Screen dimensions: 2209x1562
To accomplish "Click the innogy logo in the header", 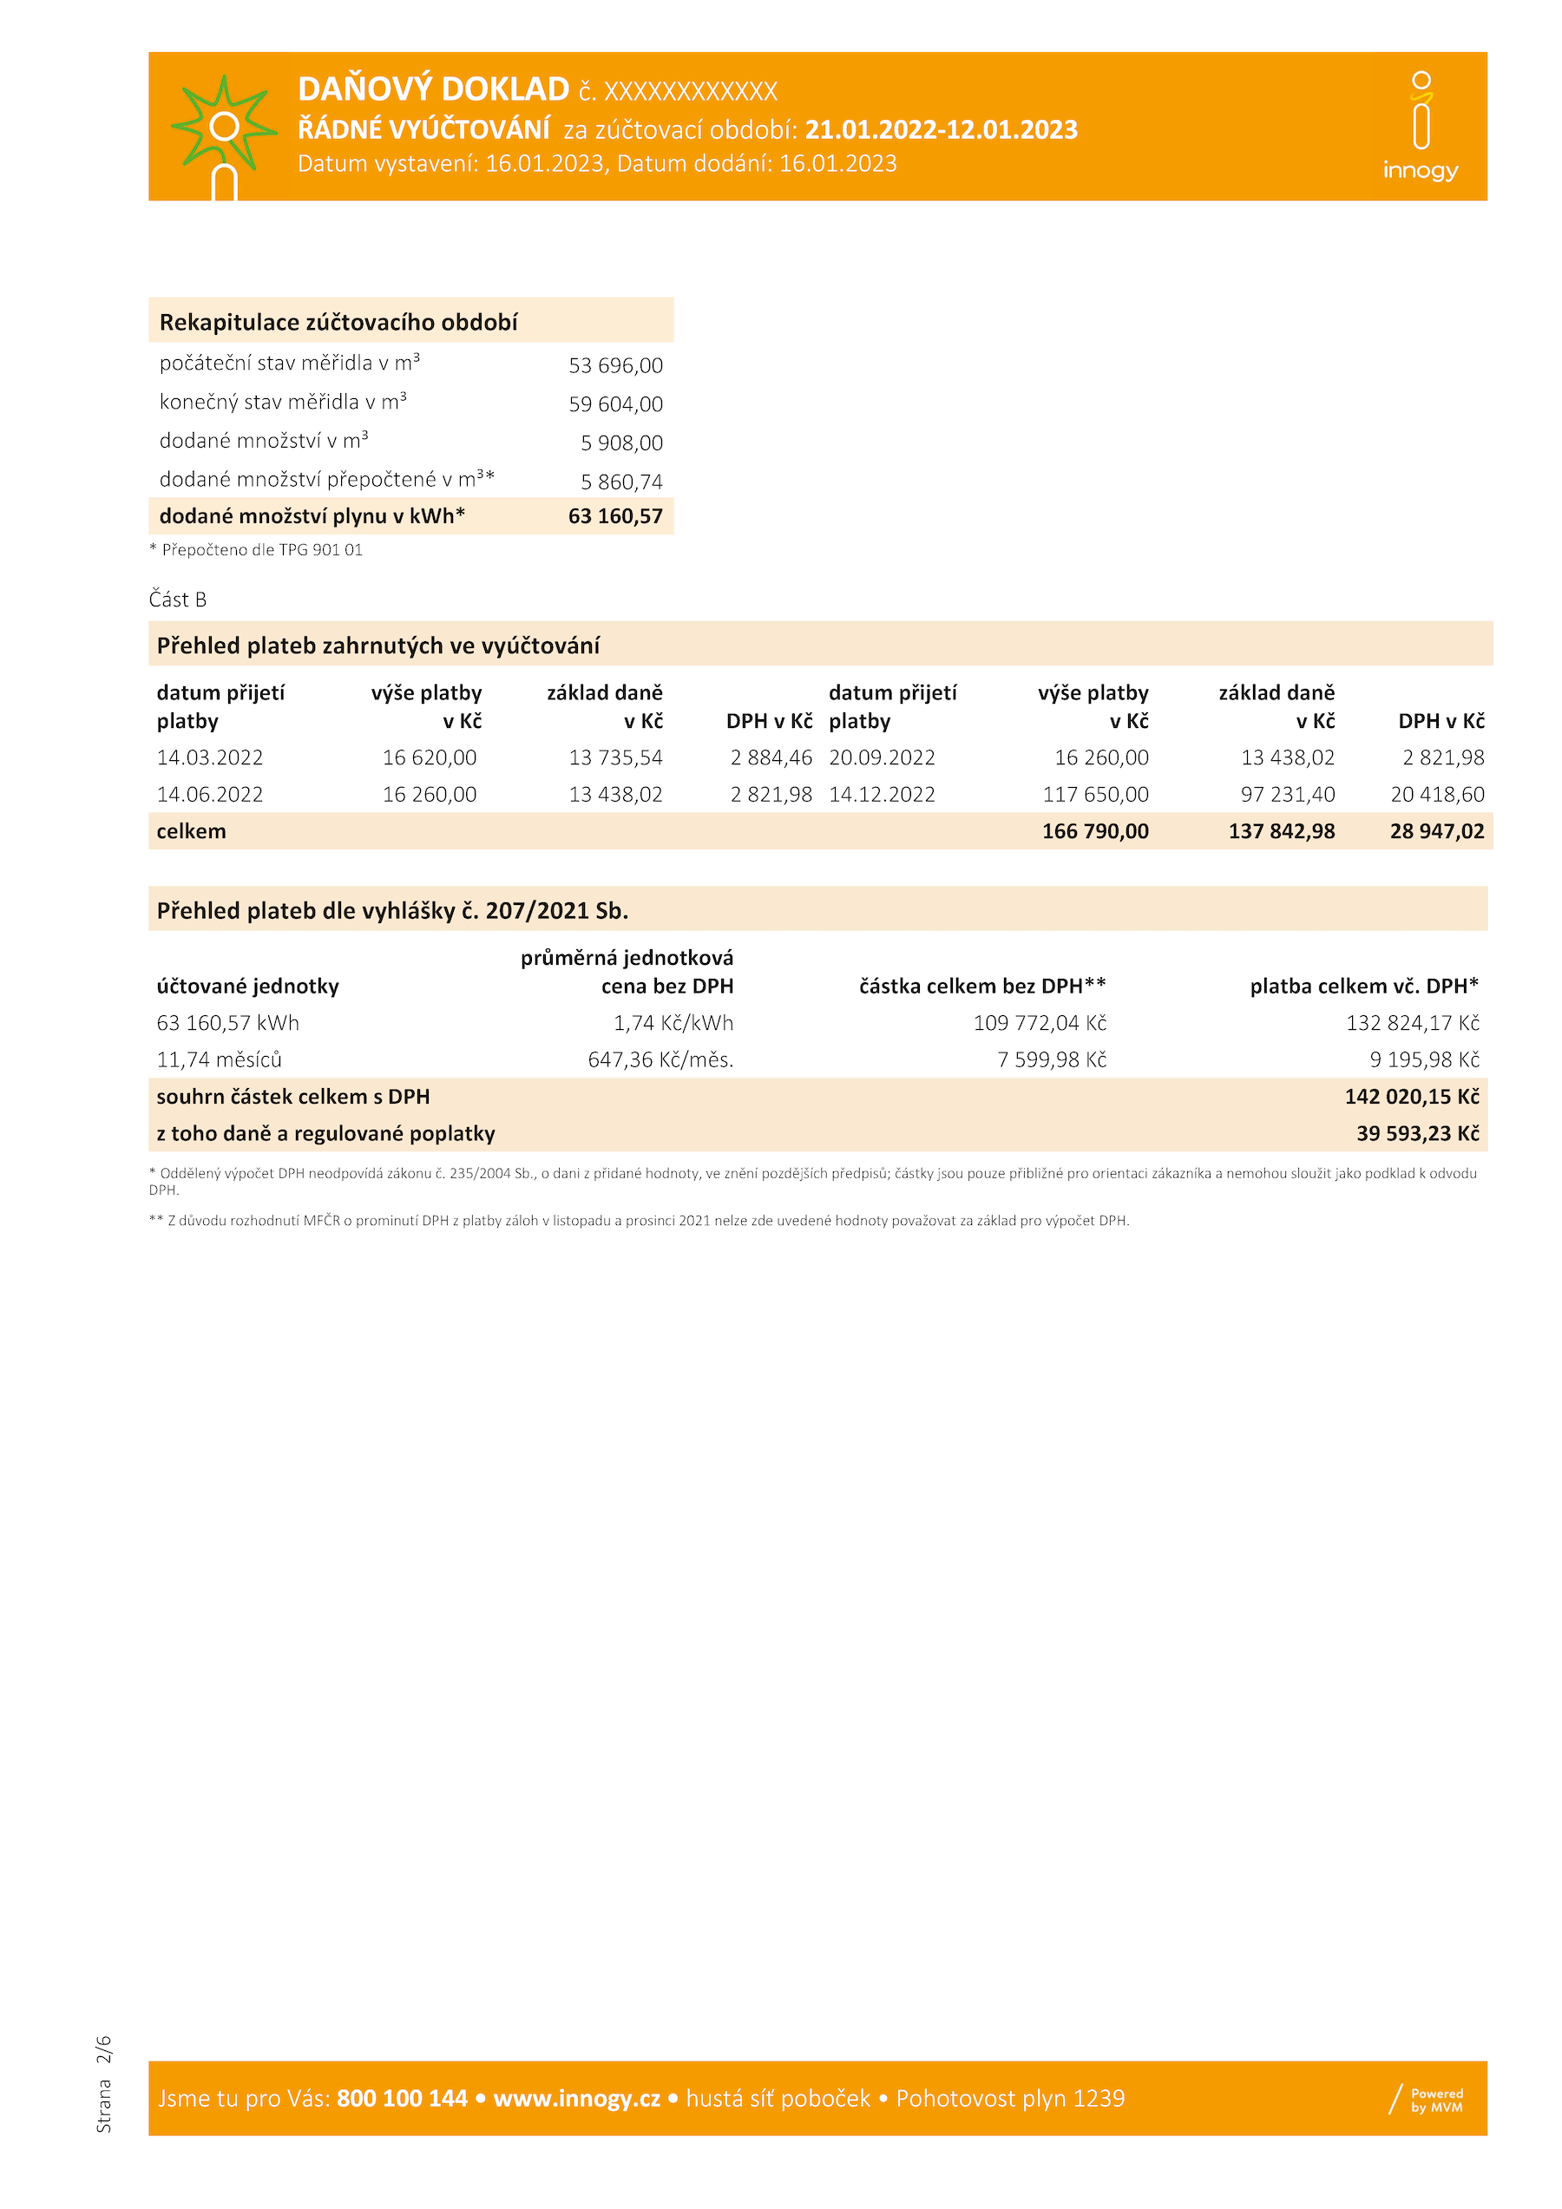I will tap(1421, 126).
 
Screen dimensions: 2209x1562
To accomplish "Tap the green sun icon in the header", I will tap(223, 127).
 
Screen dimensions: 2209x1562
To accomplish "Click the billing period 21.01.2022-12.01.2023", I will tap(941, 130).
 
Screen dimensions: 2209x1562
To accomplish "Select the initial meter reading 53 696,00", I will tap(615, 365).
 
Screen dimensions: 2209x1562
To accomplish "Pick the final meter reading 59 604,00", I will tap(615, 404).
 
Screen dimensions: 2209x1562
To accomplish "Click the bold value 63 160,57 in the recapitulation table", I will tap(615, 516).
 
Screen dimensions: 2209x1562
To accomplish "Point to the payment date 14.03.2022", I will tap(210, 758).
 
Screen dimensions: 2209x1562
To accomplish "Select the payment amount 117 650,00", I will tap(1095, 795).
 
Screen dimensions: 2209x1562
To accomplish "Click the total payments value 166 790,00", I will tap(1095, 831).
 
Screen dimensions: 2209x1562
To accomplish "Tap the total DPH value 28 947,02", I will tap(1437, 831).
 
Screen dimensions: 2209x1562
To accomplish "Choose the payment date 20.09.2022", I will tap(882, 758).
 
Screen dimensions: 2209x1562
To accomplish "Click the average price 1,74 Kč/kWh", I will tap(673, 1023).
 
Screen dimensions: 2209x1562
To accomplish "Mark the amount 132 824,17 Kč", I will tap(1412, 1023).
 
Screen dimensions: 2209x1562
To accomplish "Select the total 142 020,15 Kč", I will tap(1412, 1097).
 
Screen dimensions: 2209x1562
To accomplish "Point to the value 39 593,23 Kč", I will tap(1418, 1133).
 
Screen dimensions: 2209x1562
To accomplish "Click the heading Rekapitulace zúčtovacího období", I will tap(338, 322).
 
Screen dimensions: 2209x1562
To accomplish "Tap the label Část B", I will tap(178, 600).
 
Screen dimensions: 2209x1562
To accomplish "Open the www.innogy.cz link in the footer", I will tap(576, 2098).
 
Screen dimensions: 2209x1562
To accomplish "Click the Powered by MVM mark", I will tap(1427, 2100).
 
